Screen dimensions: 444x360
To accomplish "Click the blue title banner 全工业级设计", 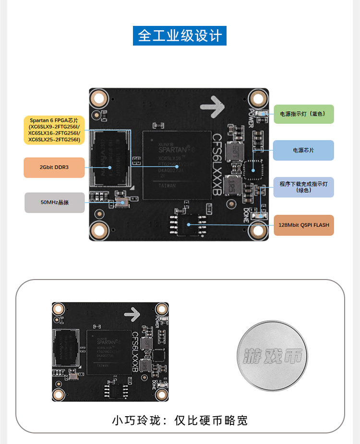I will (x=180, y=36).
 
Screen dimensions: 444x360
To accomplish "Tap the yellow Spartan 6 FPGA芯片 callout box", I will (x=54, y=129).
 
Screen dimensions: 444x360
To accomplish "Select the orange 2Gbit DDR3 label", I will (x=54, y=167).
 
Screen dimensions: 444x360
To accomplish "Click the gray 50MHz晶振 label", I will (x=54, y=202).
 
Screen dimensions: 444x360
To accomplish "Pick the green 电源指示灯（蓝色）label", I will (x=303, y=114).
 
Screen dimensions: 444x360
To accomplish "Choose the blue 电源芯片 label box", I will (x=303, y=150).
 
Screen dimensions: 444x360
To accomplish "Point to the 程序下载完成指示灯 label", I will (x=303, y=187).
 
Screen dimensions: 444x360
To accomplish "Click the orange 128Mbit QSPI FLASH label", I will (x=303, y=225).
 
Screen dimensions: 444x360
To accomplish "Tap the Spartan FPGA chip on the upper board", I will (x=178, y=165).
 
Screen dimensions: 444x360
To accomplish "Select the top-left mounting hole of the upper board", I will (x=100, y=99).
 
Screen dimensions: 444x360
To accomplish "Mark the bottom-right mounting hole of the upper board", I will (x=258, y=231).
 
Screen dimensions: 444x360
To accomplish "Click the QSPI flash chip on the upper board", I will (x=189, y=223).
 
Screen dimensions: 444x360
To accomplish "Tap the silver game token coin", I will (x=271, y=355).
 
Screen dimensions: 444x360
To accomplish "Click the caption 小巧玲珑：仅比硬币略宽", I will (x=180, y=421).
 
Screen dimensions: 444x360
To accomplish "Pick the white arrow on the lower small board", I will (x=132, y=315).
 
